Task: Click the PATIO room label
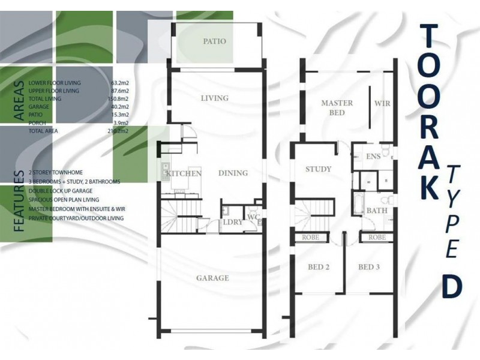[215, 41]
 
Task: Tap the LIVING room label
[215, 98]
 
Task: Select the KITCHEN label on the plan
[184, 173]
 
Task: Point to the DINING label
[233, 173]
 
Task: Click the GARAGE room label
[212, 278]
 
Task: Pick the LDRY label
[233, 222]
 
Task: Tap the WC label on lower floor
[253, 217]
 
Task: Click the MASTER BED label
[337, 108]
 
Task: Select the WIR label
[382, 103]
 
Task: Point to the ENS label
[373, 157]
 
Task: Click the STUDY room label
[319, 169]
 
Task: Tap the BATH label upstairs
[377, 211]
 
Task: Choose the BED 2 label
[319, 267]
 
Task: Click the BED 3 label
[369, 267]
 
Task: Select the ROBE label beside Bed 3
[377, 237]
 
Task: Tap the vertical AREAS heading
[19, 100]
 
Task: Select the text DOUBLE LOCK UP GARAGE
[61, 191]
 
